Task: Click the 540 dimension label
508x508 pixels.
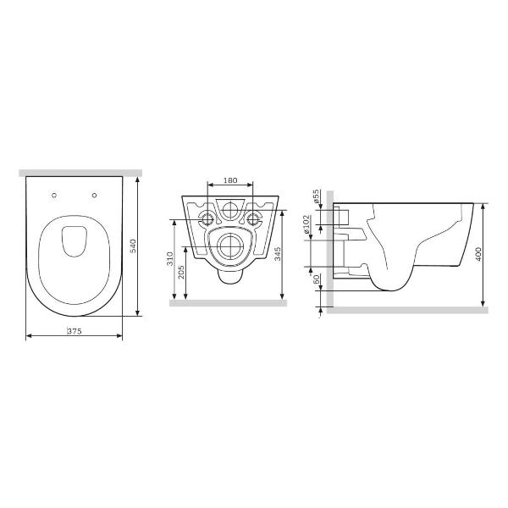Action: pyautogui.click(x=133, y=246)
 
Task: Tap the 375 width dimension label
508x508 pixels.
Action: pyautogui.click(x=75, y=331)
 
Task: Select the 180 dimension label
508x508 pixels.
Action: pyautogui.click(x=230, y=180)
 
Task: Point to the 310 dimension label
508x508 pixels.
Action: pyautogui.click(x=170, y=259)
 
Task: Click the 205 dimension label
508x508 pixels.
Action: pyautogui.click(x=181, y=272)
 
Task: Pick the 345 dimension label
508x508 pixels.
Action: pyautogui.click(x=278, y=254)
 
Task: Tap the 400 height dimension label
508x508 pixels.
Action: pyautogui.click(x=478, y=254)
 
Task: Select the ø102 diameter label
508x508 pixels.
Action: pyautogui.click(x=306, y=224)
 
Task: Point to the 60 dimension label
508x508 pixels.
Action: pyautogui.click(x=317, y=279)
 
